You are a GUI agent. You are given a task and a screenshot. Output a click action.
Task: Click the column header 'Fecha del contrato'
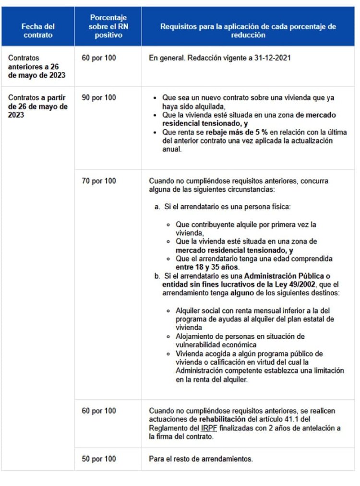38,31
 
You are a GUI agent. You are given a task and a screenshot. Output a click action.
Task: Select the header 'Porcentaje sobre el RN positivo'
108,26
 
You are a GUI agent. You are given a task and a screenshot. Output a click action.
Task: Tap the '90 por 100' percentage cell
99,97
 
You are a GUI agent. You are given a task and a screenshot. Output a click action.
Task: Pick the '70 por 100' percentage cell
99,181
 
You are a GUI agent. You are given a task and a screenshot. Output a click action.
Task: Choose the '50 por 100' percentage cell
99,459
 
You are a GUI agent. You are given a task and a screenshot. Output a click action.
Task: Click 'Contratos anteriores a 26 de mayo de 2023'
36,67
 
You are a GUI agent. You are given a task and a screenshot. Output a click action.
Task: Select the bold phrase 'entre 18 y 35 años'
205,267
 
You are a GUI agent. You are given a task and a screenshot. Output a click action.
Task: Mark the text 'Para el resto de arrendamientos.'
201,459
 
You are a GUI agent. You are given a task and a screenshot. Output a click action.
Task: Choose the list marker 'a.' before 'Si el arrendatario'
157,206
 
